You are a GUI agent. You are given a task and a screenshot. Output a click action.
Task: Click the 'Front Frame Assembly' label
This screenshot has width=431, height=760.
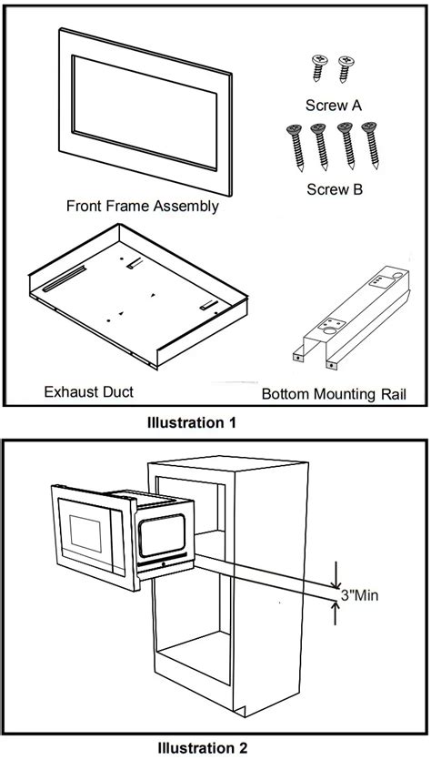coord(143,206)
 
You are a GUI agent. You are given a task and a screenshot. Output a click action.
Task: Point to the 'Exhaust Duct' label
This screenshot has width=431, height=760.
coord(89,391)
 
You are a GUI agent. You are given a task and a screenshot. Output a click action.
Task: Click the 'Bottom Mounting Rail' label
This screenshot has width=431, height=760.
coord(333,394)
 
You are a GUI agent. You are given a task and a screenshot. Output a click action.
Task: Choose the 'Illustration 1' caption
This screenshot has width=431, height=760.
coord(197,422)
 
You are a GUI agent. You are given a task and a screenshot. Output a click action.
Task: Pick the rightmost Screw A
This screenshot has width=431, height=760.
coord(344,67)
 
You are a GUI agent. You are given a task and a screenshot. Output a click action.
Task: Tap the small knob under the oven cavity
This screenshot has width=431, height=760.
coord(162,563)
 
